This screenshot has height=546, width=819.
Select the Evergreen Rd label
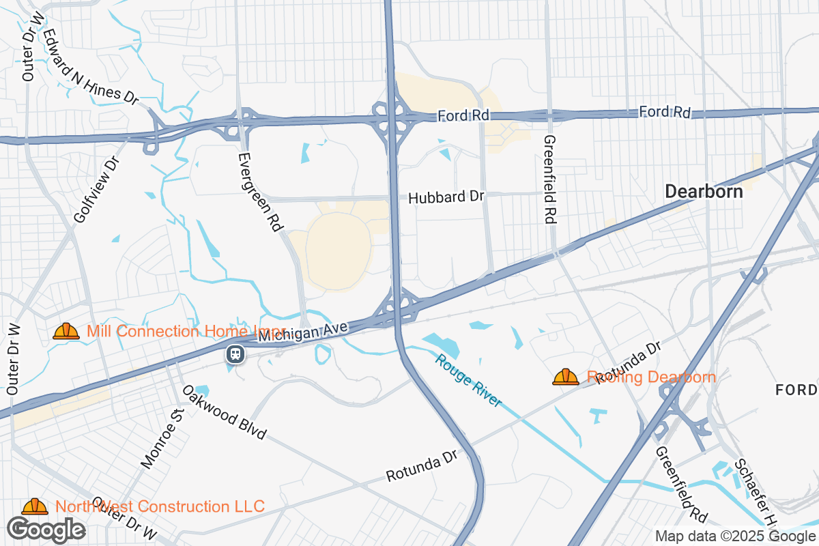point(260,190)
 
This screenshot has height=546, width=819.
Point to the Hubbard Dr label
point(446,197)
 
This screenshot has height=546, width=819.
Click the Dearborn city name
point(704,192)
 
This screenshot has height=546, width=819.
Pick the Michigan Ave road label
point(304,332)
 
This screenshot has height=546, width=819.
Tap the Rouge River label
point(469,381)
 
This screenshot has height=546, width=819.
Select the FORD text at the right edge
point(796,390)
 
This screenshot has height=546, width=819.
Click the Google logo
point(46,529)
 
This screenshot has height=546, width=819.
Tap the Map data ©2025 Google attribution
point(734,536)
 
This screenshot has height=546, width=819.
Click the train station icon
point(235,354)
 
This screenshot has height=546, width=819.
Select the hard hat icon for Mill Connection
point(66,332)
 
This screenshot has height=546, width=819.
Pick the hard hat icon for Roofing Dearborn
point(566,377)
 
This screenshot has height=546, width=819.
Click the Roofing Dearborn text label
point(652,377)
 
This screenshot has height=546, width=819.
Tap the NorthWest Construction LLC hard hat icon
point(35,506)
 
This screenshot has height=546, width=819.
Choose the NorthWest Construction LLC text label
point(160,506)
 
